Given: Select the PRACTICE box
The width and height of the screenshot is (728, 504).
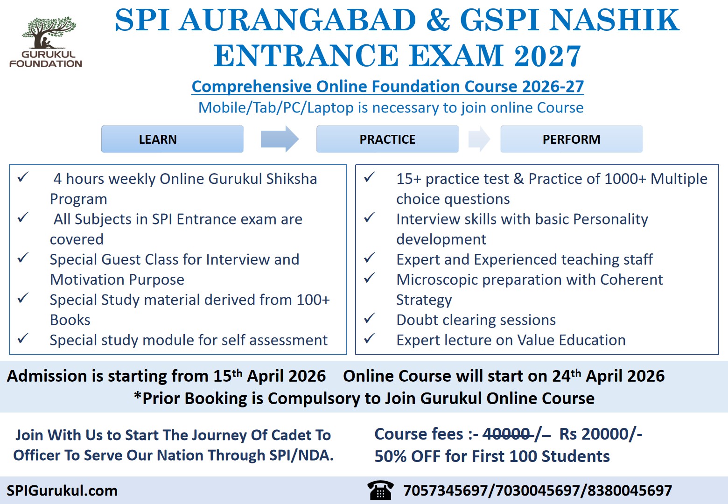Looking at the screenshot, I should click(387, 139).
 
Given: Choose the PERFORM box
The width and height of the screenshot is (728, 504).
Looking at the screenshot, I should click(571, 139).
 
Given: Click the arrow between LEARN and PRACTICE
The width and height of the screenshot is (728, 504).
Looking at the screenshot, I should click(279, 139).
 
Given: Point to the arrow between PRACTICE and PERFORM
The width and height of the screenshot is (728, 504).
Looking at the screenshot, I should click(479, 139).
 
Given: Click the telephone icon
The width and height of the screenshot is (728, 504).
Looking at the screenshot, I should click(380, 490).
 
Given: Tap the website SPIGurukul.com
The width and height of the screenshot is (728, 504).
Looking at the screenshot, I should click(62, 490).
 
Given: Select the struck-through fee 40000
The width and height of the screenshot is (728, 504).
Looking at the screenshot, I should click(507, 434).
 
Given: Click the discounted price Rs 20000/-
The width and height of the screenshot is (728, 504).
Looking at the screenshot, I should click(601, 434).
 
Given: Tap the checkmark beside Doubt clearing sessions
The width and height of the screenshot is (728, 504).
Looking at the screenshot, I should click(369, 319).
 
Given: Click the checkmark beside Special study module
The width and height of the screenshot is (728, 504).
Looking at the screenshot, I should click(23, 339).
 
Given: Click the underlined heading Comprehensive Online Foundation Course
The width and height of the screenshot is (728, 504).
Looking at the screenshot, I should click(387, 86).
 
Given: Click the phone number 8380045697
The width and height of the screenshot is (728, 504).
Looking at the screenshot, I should click(630, 490).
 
